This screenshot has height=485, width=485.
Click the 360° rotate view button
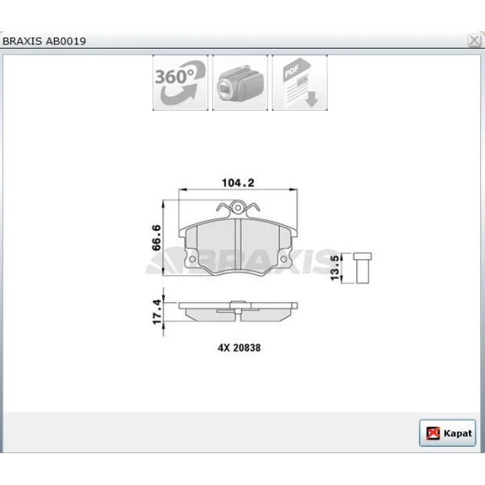coord(180,82)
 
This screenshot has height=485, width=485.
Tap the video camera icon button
coord(240,82)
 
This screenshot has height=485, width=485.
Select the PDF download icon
coord(300,82)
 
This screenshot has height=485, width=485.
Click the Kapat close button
coord(448,433)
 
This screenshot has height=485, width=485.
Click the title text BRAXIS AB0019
coord(44,41)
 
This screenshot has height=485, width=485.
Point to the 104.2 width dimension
coord(238,183)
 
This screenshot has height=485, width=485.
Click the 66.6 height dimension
coord(157,238)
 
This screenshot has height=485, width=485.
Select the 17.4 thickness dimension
coord(157,312)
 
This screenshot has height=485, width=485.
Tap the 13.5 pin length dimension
coord(335,268)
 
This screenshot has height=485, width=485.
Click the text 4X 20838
coord(239,348)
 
